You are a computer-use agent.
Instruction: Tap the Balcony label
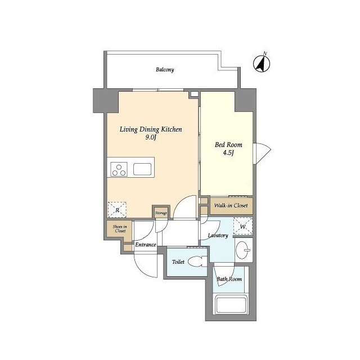coord(165,70)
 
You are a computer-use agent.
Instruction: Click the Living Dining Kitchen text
coord(150,129)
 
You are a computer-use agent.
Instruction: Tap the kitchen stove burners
coord(119,169)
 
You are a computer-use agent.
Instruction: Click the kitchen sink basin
coord(142,169)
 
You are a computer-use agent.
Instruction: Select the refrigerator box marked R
coord(117,209)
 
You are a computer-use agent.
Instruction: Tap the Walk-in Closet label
coord(231,206)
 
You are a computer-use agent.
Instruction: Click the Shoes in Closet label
coord(119,229)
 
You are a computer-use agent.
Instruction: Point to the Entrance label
coord(145,245)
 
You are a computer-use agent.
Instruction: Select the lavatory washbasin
coord(244,249)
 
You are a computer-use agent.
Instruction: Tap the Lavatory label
coord(217,235)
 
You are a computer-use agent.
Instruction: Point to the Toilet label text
coord(178,262)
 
